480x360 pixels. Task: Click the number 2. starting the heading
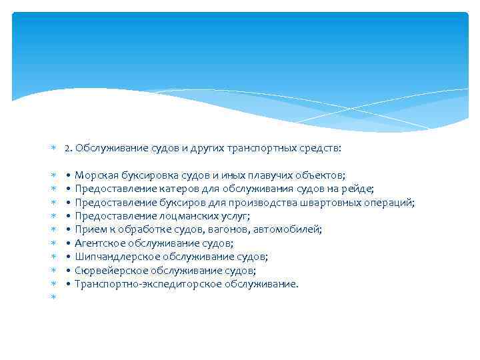[x=69, y=149]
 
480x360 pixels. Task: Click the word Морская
[x=94, y=175]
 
